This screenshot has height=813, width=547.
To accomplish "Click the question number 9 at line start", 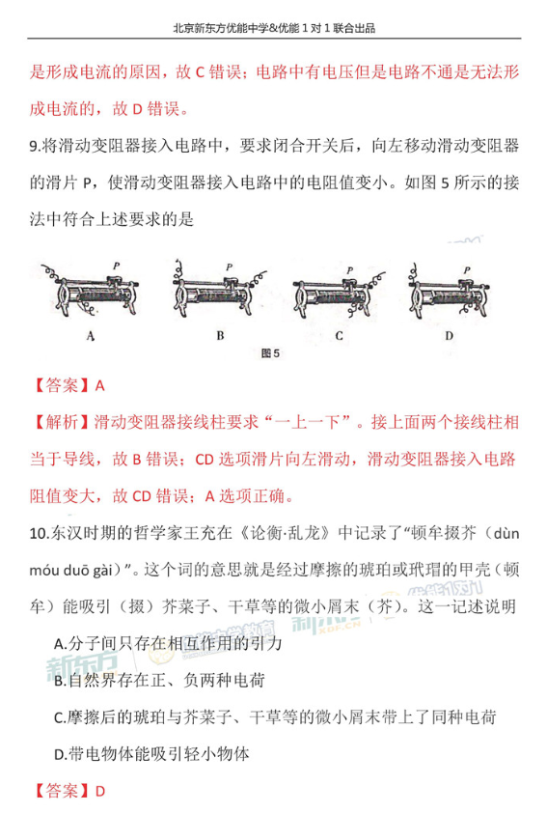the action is coord(36,146).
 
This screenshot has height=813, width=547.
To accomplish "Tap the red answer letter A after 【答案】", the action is coord(100,384).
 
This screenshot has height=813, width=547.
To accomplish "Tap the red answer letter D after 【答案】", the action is coord(100,790).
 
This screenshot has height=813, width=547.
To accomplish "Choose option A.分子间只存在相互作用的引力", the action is coord(168,641).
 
